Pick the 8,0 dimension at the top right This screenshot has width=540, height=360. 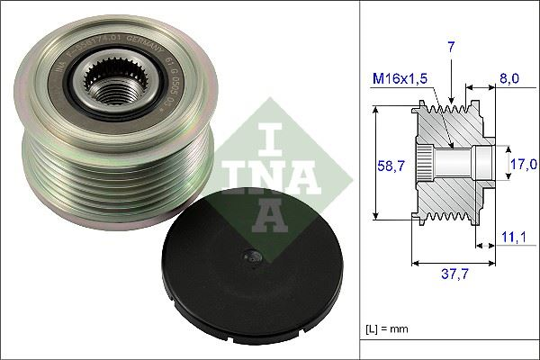(508, 78)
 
